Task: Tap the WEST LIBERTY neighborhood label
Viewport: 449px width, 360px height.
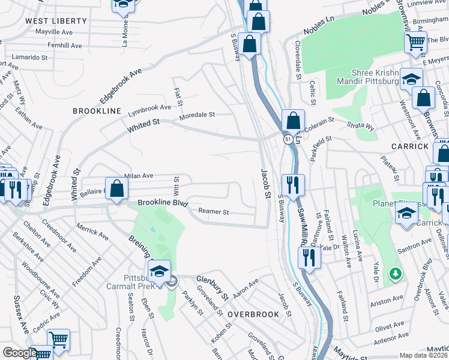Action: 56,20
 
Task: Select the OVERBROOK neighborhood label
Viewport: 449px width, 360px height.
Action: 253,314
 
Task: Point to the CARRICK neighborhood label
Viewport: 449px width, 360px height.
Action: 409,146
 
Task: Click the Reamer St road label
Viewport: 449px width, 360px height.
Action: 214,212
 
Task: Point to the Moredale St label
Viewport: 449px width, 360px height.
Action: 197,114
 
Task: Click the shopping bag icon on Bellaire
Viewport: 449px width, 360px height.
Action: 116,188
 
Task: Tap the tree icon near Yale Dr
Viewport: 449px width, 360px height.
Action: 394,274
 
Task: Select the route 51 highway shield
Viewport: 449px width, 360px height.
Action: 289,139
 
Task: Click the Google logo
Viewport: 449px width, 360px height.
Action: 19,352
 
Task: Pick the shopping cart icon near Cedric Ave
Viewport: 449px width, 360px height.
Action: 58,340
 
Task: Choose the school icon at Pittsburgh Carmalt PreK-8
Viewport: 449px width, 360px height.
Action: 159,272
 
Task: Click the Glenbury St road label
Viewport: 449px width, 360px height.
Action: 212,286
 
